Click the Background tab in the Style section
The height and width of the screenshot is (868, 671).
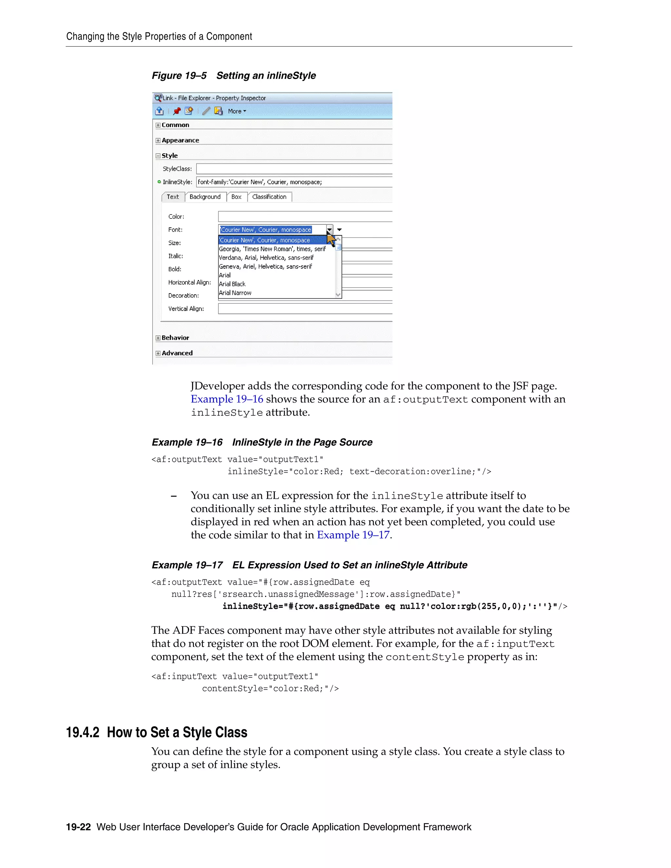[x=205, y=197]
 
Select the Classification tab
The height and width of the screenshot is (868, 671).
[x=269, y=197]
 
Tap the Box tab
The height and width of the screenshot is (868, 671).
[x=236, y=197]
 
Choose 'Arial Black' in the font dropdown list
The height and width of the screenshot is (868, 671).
[x=233, y=284]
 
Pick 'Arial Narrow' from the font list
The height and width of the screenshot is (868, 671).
[x=235, y=293]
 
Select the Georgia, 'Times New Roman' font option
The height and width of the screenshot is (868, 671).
[x=272, y=249]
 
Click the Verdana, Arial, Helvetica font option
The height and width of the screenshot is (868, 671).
[x=266, y=257]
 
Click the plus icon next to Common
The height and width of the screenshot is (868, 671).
[x=158, y=125]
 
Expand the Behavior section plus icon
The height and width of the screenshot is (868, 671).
[x=158, y=338]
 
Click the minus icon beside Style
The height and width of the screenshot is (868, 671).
[x=158, y=156]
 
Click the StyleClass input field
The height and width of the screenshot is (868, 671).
[x=294, y=169]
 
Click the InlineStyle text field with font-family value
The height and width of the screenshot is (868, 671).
[x=294, y=182]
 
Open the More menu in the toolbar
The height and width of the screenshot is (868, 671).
[x=237, y=111]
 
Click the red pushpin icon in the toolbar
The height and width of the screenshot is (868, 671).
[x=177, y=111]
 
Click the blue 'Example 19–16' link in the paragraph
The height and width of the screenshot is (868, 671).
[x=227, y=399]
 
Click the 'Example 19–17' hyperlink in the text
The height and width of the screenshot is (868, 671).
[x=353, y=535]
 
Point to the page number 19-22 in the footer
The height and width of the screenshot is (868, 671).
[x=78, y=827]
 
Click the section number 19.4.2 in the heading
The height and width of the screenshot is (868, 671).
[x=83, y=732]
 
